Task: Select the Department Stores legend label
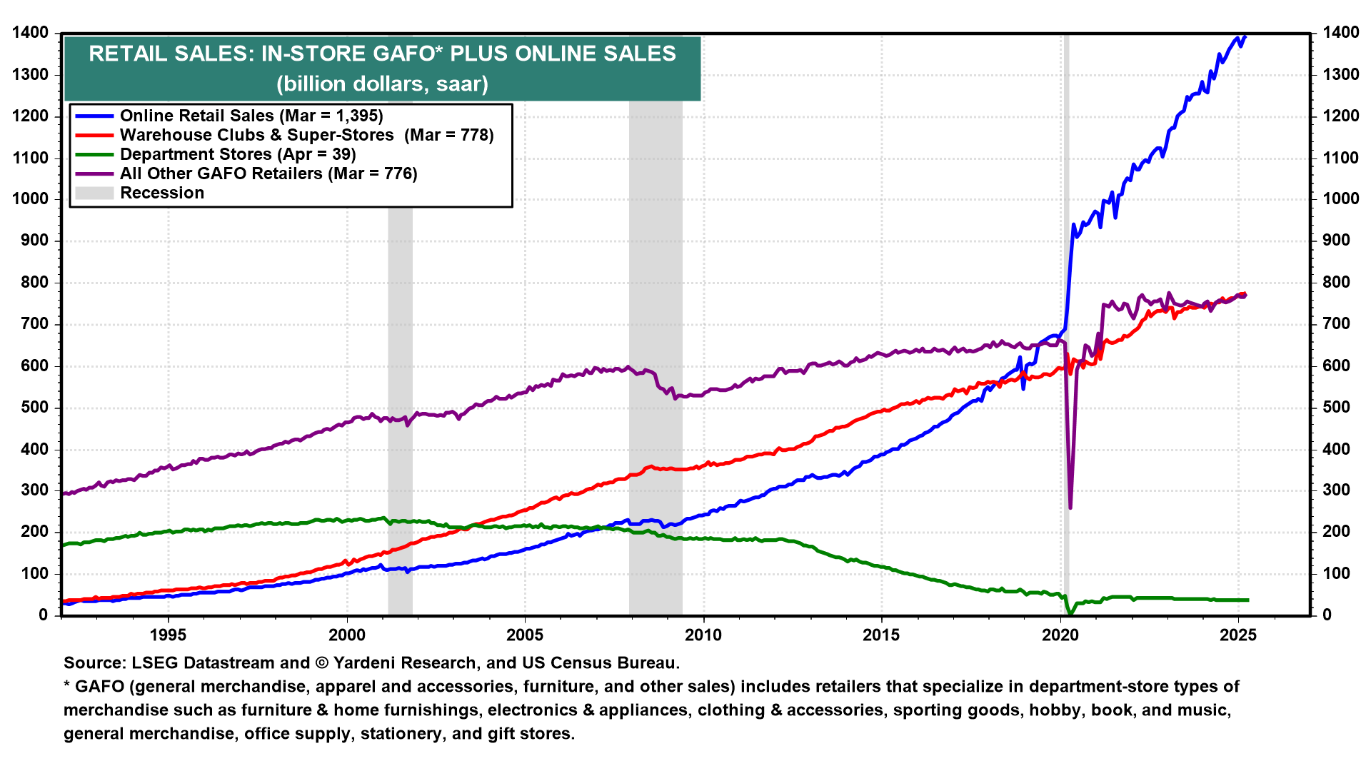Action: (237, 154)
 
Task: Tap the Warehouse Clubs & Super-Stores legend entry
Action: (306, 135)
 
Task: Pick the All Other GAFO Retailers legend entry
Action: (268, 173)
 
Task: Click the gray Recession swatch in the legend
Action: (94, 193)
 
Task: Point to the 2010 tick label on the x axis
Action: (703, 635)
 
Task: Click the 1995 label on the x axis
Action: (168, 635)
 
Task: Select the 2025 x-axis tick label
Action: (1238, 635)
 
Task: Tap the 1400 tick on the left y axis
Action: (30, 33)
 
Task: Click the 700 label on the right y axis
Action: (1337, 324)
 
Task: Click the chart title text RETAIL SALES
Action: (382, 54)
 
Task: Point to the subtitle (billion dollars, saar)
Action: (382, 84)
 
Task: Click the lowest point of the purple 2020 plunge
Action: (1070, 508)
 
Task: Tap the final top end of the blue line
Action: (1245, 36)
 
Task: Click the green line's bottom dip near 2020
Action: (1070, 613)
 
